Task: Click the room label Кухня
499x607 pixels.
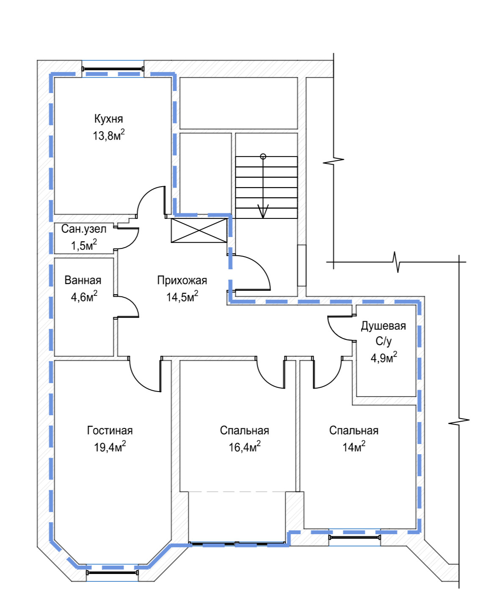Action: [108, 119]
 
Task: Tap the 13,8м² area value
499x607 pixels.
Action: [108, 135]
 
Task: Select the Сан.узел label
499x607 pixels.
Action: [84, 229]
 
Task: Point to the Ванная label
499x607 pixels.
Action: [83, 280]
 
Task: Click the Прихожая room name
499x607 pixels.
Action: [182, 280]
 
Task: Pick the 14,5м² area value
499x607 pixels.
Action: [182, 297]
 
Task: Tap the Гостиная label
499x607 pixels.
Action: [110, 430]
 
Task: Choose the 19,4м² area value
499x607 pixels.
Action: [110, 447]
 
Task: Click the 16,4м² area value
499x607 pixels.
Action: [244, 447]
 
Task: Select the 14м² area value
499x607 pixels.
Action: [353, 447]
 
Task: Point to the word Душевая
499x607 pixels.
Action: [383, 326]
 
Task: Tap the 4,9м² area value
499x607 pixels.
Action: [383, 358]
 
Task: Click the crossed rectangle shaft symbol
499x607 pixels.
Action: [199, 230]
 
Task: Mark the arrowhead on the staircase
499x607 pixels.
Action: [263, 211]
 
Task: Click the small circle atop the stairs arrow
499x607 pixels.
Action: [263, 156]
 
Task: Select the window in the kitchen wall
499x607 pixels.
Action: [113, 69]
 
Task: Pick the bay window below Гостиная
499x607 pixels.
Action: [112, 572]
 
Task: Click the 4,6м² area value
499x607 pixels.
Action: [84, 297]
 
